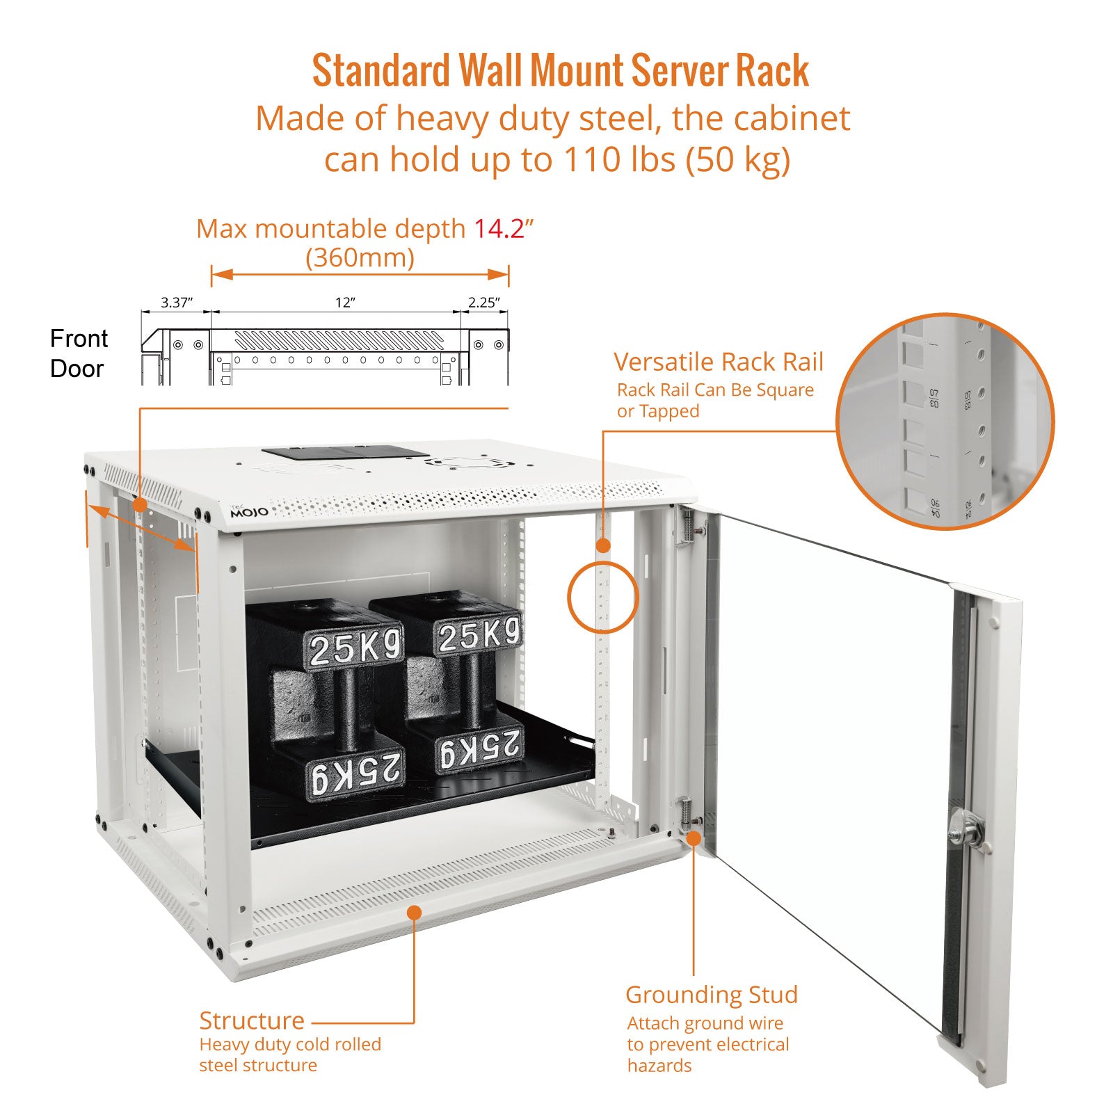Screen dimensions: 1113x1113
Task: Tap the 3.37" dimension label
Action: coord(176,303)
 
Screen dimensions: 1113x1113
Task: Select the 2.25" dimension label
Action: coord(483,303)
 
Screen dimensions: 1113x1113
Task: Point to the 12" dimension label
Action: coord(345,303)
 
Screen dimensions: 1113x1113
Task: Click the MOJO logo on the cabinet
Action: coord(249,512)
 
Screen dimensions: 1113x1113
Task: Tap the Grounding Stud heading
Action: coord(711,995)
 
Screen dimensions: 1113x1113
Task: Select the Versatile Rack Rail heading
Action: coord(718,362)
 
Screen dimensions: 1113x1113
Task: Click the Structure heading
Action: coord(252,1020)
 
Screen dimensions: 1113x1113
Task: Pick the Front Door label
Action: coord(79,353)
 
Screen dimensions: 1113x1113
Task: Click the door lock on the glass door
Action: coord(966,830)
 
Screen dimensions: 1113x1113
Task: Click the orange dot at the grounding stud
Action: coord(694,838)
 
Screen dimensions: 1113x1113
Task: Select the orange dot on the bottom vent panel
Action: coord(414,912)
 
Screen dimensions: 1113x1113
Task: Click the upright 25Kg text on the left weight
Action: coord(355,646)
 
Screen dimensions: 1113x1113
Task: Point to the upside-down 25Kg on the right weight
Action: coord(479,750)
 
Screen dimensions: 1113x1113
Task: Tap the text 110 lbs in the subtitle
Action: coord(619,159)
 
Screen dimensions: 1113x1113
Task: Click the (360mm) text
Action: coord(360,258)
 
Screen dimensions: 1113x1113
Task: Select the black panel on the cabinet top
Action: coord(345,452)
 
